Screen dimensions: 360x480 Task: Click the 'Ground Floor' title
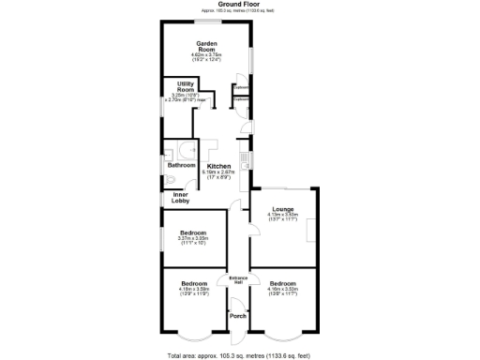[x=239, y=4]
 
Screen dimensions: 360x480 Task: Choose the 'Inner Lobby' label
[x=180, y=198]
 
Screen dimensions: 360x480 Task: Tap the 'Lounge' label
[x=282, y=208]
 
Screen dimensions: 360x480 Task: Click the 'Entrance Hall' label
[x=238, y=280]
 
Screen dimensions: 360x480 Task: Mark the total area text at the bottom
[x=239, y=355]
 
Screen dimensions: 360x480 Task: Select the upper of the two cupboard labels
[x=241, y=87]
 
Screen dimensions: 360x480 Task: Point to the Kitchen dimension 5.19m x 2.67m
[x=217, y=174]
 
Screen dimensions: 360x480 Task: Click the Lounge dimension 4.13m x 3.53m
[x=282, y=216]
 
